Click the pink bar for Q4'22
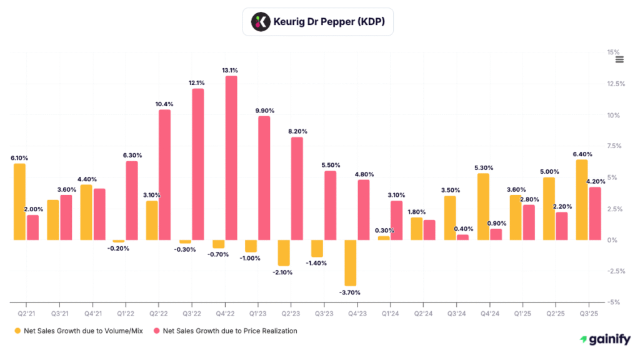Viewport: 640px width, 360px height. pos(231,157)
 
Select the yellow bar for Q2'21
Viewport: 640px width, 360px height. pos(19,201)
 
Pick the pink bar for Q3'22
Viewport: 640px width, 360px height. pos(198,164)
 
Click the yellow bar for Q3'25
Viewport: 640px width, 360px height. pos(581,199)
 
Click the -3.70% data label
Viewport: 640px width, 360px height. pos(350,292)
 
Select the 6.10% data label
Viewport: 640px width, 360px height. pos(19,157)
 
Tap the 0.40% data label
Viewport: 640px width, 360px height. pos(464,229)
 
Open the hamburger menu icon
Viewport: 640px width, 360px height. pos(619,59)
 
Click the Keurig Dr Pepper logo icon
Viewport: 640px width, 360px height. pos(259,22)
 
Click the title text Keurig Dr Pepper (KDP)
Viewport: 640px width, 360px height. pos(329,22)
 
